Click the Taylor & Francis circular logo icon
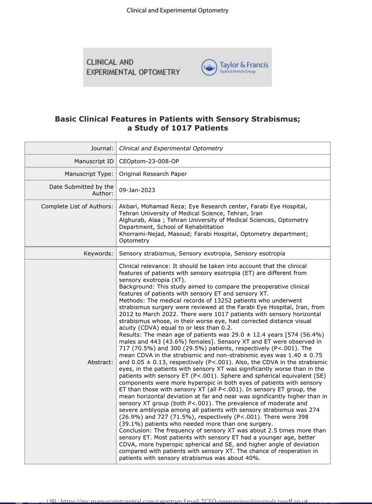click(x=209, y=67)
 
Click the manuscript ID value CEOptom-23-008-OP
click(x=149, y=161)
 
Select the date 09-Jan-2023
click(x=137, y=190)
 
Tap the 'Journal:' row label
click(x=102, y=148)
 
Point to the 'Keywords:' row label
click(x=98, y=254)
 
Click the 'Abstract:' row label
click(x=100, y=362)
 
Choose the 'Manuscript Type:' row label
click(x=89, y=174)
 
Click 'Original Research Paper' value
click(x=153, y=174)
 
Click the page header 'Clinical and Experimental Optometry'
click(x=177, y=11)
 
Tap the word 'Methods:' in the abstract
click(x=131, y=300)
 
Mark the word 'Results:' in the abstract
click(x=130, y=335)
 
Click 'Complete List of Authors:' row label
click(x=77, y=206)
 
